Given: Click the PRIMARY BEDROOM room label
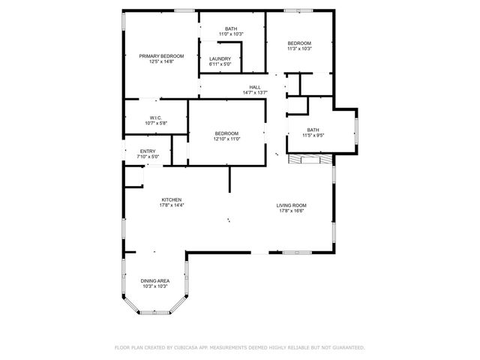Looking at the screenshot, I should [161, 56].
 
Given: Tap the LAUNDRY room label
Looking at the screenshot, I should [220, 58].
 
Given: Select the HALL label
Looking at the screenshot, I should [255, 87].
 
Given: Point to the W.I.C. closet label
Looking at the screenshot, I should [156, 118].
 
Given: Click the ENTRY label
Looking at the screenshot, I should [148, 151].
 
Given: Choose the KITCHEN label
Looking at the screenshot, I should [171, 199].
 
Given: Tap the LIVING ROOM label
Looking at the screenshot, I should [292, 205].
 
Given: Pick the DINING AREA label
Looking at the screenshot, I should [154, 280].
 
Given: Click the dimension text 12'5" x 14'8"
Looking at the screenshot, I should [161, 61].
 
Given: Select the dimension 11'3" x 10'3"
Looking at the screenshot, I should [299, 49].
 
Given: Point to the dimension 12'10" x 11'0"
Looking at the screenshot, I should [226, 139].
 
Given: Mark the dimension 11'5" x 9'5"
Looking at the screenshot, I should [313, 135].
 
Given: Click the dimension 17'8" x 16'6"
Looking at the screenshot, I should [292, 211].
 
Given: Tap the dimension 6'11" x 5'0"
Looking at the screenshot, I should [220, 64].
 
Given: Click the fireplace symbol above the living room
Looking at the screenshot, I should [307, 158].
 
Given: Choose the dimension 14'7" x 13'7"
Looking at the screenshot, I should [255, 93].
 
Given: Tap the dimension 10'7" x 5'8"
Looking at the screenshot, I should [156, 123].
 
